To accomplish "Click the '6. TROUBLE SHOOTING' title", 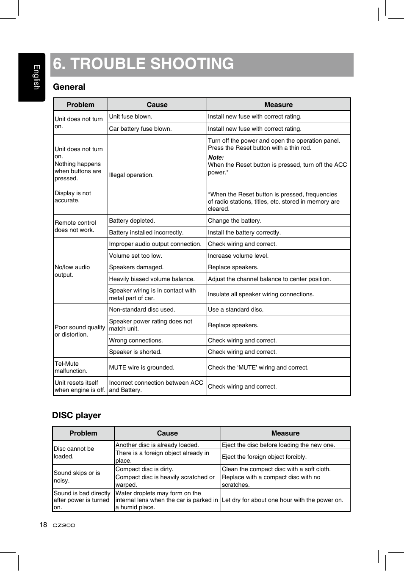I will click(143, 64).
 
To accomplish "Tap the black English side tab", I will click(32, 77).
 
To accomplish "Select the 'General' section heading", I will click(69, 87).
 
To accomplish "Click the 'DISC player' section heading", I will click(77, 415).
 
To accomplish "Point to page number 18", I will click(43, 525).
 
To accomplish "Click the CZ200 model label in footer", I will click(64, 525).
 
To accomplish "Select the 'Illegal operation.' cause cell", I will click(131, 175).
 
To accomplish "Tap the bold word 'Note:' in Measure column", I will click(216, 157).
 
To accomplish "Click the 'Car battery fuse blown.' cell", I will click(140, 129).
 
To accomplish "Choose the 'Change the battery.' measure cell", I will click(235, 221).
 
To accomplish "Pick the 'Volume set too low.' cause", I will click(136, 256).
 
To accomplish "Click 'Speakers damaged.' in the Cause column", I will click(136, 267).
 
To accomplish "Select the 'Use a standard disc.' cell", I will click(235, 309).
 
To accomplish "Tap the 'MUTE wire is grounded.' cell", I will click(141, 367).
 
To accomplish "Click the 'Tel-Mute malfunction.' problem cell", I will click(71, 367).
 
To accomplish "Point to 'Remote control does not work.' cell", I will click(75, 226).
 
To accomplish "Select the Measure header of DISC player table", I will click(285, 433).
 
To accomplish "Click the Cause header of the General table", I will click(157, 105).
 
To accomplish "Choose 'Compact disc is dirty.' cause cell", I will click(144, 469).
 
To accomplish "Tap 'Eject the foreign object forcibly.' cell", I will click(264, 457).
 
